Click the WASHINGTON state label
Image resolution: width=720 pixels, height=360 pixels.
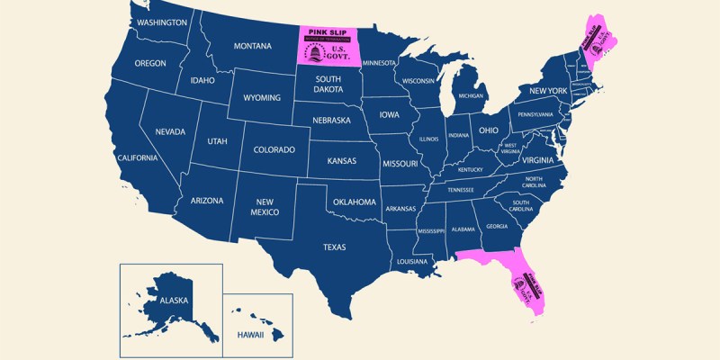(163, 22)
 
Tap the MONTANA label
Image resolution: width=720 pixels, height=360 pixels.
(253, 46)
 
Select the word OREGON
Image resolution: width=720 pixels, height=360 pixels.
(150, 64)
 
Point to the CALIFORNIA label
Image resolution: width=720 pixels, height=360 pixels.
(137, 157)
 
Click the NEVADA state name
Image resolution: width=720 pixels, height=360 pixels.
(170, 131)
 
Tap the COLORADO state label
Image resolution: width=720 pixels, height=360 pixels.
(274, 149)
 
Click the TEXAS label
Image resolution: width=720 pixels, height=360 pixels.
(335, 247)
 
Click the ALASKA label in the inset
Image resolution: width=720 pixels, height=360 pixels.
(175, 301)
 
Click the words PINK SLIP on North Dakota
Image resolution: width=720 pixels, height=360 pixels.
(328, 32)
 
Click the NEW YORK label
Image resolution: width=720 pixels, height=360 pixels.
(547, 91)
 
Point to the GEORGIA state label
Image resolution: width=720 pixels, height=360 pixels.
(497, 226)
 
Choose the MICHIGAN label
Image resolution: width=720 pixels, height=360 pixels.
(471, 95)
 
